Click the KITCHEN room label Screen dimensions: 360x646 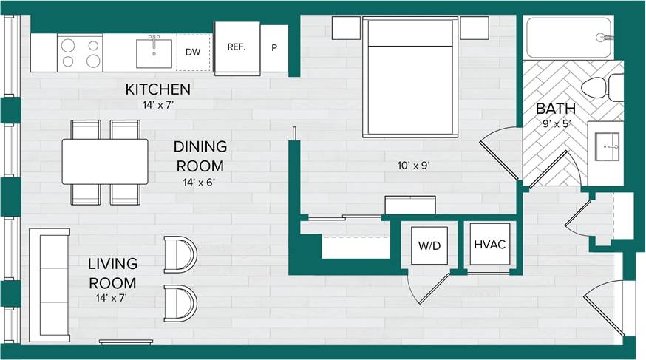coord(157,89)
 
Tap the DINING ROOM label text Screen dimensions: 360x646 coord(200,156)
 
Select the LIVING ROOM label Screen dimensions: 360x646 coord(112,273)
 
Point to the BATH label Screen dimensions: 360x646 coord(555,109)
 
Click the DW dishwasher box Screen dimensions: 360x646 coord(193,52)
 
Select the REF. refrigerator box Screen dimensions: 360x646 coord(237,47)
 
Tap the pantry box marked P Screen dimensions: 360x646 coord(274,48)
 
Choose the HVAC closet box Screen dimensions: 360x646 coord(489,245)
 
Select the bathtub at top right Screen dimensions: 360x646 coord(568,38)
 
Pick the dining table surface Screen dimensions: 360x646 coord(105,161)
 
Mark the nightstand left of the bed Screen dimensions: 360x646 coord(345,28)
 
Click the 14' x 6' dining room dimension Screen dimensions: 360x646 coord(200,181)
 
